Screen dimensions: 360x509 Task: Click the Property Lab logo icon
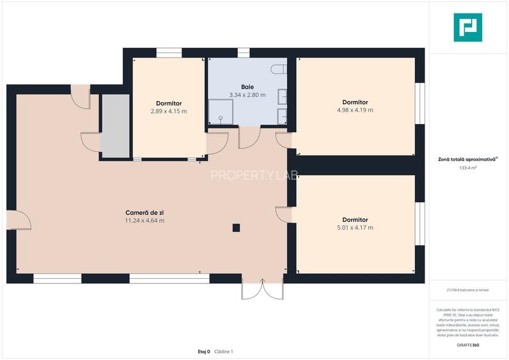pyautogui.click(x=468, y=27)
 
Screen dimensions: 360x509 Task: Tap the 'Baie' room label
pyautogui.click(x=247, y=87)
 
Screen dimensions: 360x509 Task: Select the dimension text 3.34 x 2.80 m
pyautogui.click(x=247, y=95)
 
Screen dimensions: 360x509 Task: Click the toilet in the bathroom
pyautogui.click(x=279, y=68)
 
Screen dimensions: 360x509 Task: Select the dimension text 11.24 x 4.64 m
pyautogui.click(x=144, y=221)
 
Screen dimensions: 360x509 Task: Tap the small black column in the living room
pyautogui.click(x=236, y=227)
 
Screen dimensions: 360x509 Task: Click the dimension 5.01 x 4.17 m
pyautogui.click(x=355, y=227)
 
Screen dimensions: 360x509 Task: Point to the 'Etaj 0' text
pyautogui.click(x=204, y=351)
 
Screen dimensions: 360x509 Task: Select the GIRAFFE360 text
pyautogui.click(x=468, y=345)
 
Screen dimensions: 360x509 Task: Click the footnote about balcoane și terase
pyautogui.click(x=468, y=290)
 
